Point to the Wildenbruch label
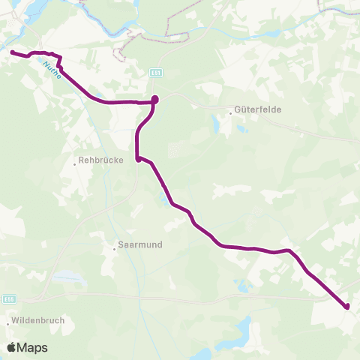(x=38, y=320)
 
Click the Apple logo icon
(x=11, y=347)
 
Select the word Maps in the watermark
(x=33, y=348)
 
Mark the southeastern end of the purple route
(x=347, y=306)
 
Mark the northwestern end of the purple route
(x=12, y=52)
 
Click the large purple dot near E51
(x=154, y=100)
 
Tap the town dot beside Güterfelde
(x=231, y=114)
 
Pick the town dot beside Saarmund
(x=113, y=245)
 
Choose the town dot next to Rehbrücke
(x=76, y=160)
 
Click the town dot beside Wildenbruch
(x=8, y=323)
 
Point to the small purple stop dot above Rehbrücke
(x=138, y=159)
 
